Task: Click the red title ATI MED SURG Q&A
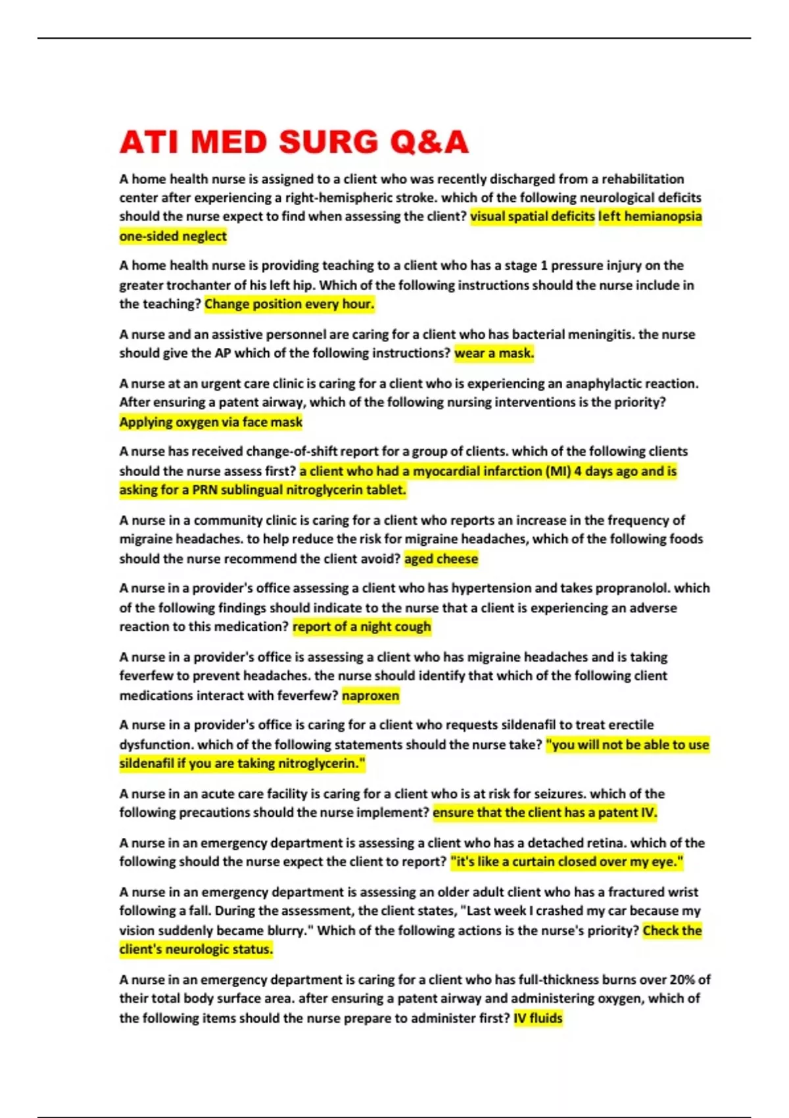click(294, 142)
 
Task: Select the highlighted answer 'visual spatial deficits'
click(532, 216)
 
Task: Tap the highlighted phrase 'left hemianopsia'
click(650, 216)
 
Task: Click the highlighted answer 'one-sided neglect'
click(173, 236)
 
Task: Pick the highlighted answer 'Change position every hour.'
click(289, 304)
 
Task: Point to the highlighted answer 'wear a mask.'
click(494, 353)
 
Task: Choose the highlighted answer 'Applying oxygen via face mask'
click(211, 422)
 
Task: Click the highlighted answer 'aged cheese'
click(441, 559)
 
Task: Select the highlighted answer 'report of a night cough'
click(362, 627)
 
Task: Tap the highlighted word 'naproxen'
click(370, 696)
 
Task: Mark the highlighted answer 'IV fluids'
click(538, 1018)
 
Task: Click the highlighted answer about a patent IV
click(544, 813)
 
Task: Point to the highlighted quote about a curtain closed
click(567, 862)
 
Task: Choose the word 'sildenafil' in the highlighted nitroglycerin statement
click(147, 764)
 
